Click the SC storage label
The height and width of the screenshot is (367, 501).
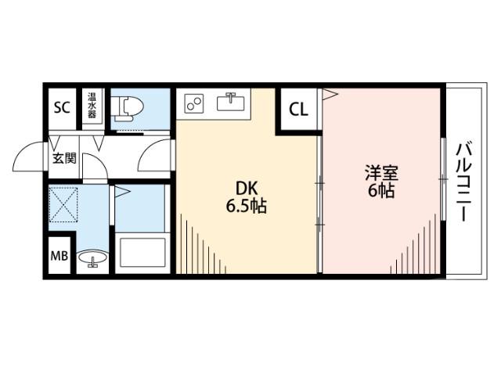(x=61, y=108)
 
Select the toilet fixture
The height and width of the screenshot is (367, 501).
(x=125, y=110)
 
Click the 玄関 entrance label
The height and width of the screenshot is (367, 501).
(x=64, y=159)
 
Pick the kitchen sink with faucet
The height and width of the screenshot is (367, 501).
(x=232, y=102)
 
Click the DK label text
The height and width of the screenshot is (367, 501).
(x=247, y=189)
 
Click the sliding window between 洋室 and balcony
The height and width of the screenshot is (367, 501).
(x=443, y=180)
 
